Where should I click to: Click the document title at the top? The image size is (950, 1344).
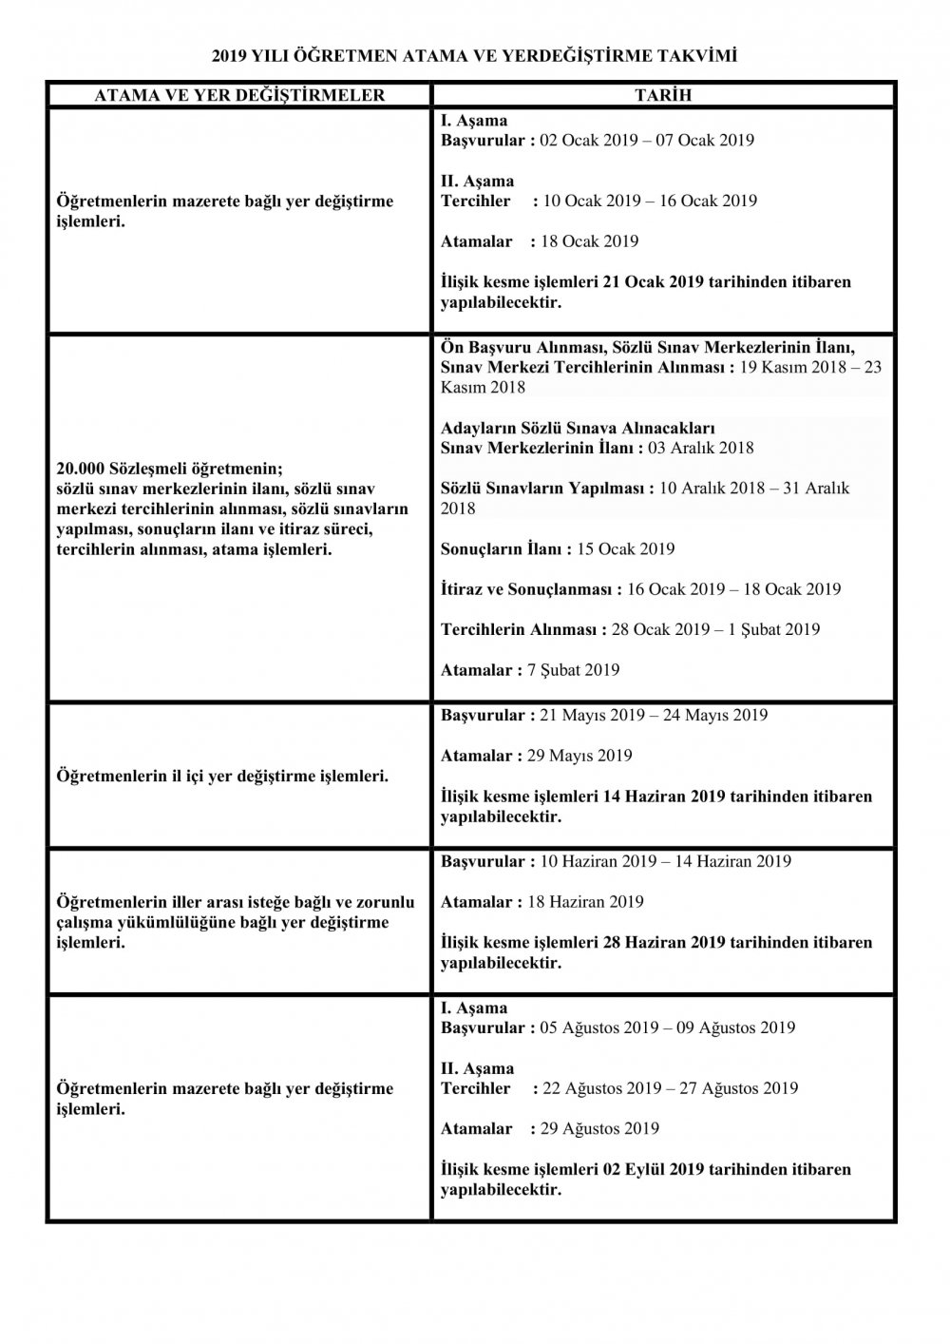474,57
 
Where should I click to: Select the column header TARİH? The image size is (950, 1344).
662,95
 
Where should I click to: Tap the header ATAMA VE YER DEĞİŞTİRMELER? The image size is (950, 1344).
238,95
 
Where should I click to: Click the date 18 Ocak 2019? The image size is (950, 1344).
589,241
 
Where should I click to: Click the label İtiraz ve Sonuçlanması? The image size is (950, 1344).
528,589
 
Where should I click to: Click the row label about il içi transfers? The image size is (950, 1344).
223,777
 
